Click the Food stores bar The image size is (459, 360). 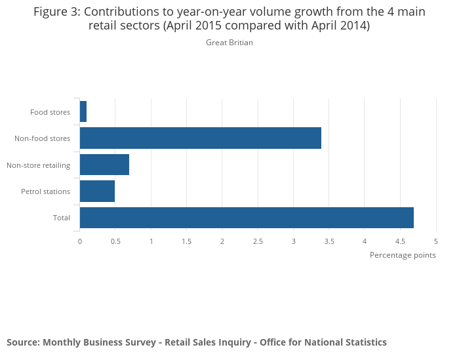coord(83,111)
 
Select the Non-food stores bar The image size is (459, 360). coord(201,138)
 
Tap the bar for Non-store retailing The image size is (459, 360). coord(104,165)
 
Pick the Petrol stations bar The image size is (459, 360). coord(97,191)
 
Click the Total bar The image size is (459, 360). coord(247,218)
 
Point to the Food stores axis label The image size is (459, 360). coord(50,112)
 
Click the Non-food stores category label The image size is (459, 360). coord(42,138)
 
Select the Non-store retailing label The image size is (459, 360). coord(38,165)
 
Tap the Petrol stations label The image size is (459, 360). coord(45,191)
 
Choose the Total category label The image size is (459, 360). coord(62,218)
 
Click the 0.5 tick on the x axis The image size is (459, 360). coord(115,241)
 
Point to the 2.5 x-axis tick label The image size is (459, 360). coord(258,241)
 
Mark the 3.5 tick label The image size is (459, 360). coord(329,241)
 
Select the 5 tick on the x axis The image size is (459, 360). coord(435,241)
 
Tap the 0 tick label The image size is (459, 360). coord(80,241)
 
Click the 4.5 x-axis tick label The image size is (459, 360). coord(400,241)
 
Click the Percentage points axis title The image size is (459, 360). coord(403,255)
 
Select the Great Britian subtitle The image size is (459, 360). coord(229,43)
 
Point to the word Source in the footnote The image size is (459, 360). coord(23,342)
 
